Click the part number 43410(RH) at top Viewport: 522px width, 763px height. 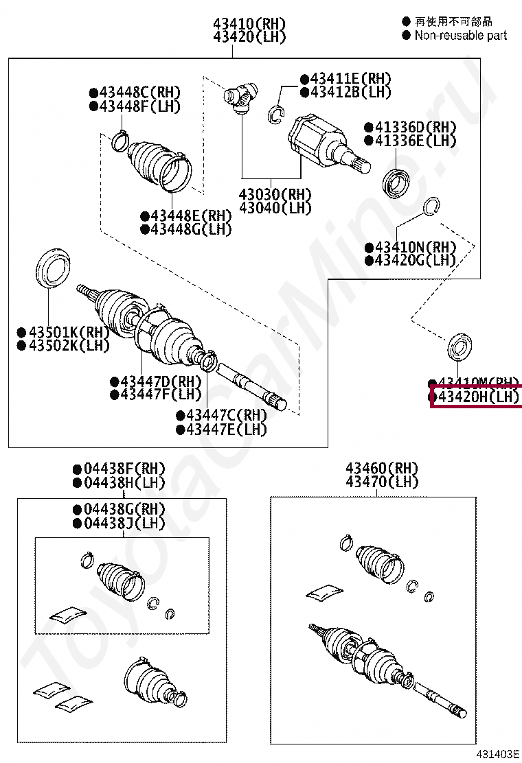249,23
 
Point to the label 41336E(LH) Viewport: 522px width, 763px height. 415,141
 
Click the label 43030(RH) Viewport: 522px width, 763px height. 275,194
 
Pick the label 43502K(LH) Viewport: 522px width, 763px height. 68,346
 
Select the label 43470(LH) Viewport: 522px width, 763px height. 382,482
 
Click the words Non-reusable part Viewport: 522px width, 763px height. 460,36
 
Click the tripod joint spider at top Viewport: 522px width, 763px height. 241,95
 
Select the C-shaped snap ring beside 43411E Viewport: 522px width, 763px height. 277,114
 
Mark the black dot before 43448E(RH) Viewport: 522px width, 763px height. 144,215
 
